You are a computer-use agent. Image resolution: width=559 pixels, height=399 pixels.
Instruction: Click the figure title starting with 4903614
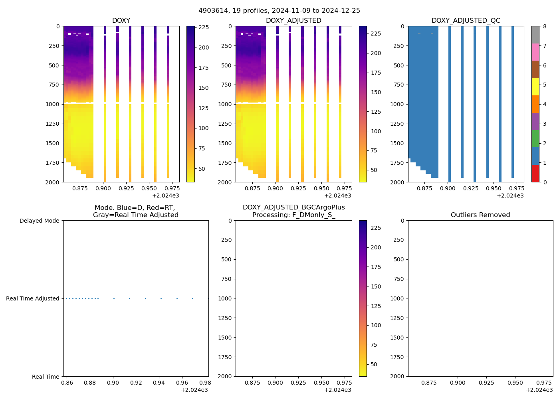click(279, 10)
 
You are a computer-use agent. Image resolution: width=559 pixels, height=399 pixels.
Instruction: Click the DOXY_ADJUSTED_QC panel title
click(466, 20)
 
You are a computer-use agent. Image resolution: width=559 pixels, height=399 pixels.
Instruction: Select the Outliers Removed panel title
click(480, 215)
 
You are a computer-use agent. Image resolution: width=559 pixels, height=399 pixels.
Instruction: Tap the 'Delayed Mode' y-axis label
click(39, 221)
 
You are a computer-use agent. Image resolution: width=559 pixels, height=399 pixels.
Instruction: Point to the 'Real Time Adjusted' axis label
click(32, 298)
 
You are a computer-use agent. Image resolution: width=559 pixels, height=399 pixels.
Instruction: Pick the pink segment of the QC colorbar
click(535, 52)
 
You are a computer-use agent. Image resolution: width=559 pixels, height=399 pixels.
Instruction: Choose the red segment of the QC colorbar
click(535, 174)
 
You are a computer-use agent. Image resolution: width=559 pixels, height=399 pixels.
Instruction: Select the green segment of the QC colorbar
click(535, 138)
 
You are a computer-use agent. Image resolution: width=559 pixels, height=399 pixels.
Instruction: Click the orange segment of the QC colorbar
click(535, 104)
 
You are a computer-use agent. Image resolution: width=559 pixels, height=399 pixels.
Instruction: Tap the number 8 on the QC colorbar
click(545, 26)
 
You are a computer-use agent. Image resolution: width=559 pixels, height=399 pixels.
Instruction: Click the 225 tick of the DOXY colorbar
click(204, 28)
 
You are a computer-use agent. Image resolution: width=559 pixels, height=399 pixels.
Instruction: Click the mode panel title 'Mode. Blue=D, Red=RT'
click(135, 211)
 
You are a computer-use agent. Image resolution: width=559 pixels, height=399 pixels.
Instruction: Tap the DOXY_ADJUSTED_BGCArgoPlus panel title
click(293, 211)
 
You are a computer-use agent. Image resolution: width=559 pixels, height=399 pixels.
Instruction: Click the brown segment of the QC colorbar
click(535, 69)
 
